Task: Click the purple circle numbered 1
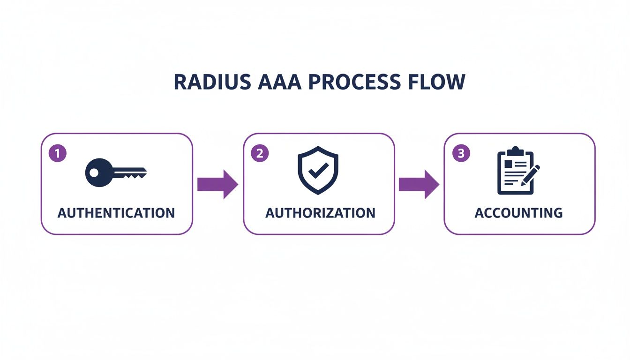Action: pos(58,153)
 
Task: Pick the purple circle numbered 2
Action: pos(260,153)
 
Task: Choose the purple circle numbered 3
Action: pos(461,153)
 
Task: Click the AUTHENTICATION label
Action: pos(116,213)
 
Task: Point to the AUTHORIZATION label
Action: pos(320,213)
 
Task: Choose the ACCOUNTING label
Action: pos(518,213)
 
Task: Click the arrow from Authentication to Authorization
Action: pos(217,184)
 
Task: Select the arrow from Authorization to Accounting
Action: pos(419,184)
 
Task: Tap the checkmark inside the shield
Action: pos(318,171)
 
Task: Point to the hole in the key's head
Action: pos(94,172)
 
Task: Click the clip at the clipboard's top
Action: pos(515,151)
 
